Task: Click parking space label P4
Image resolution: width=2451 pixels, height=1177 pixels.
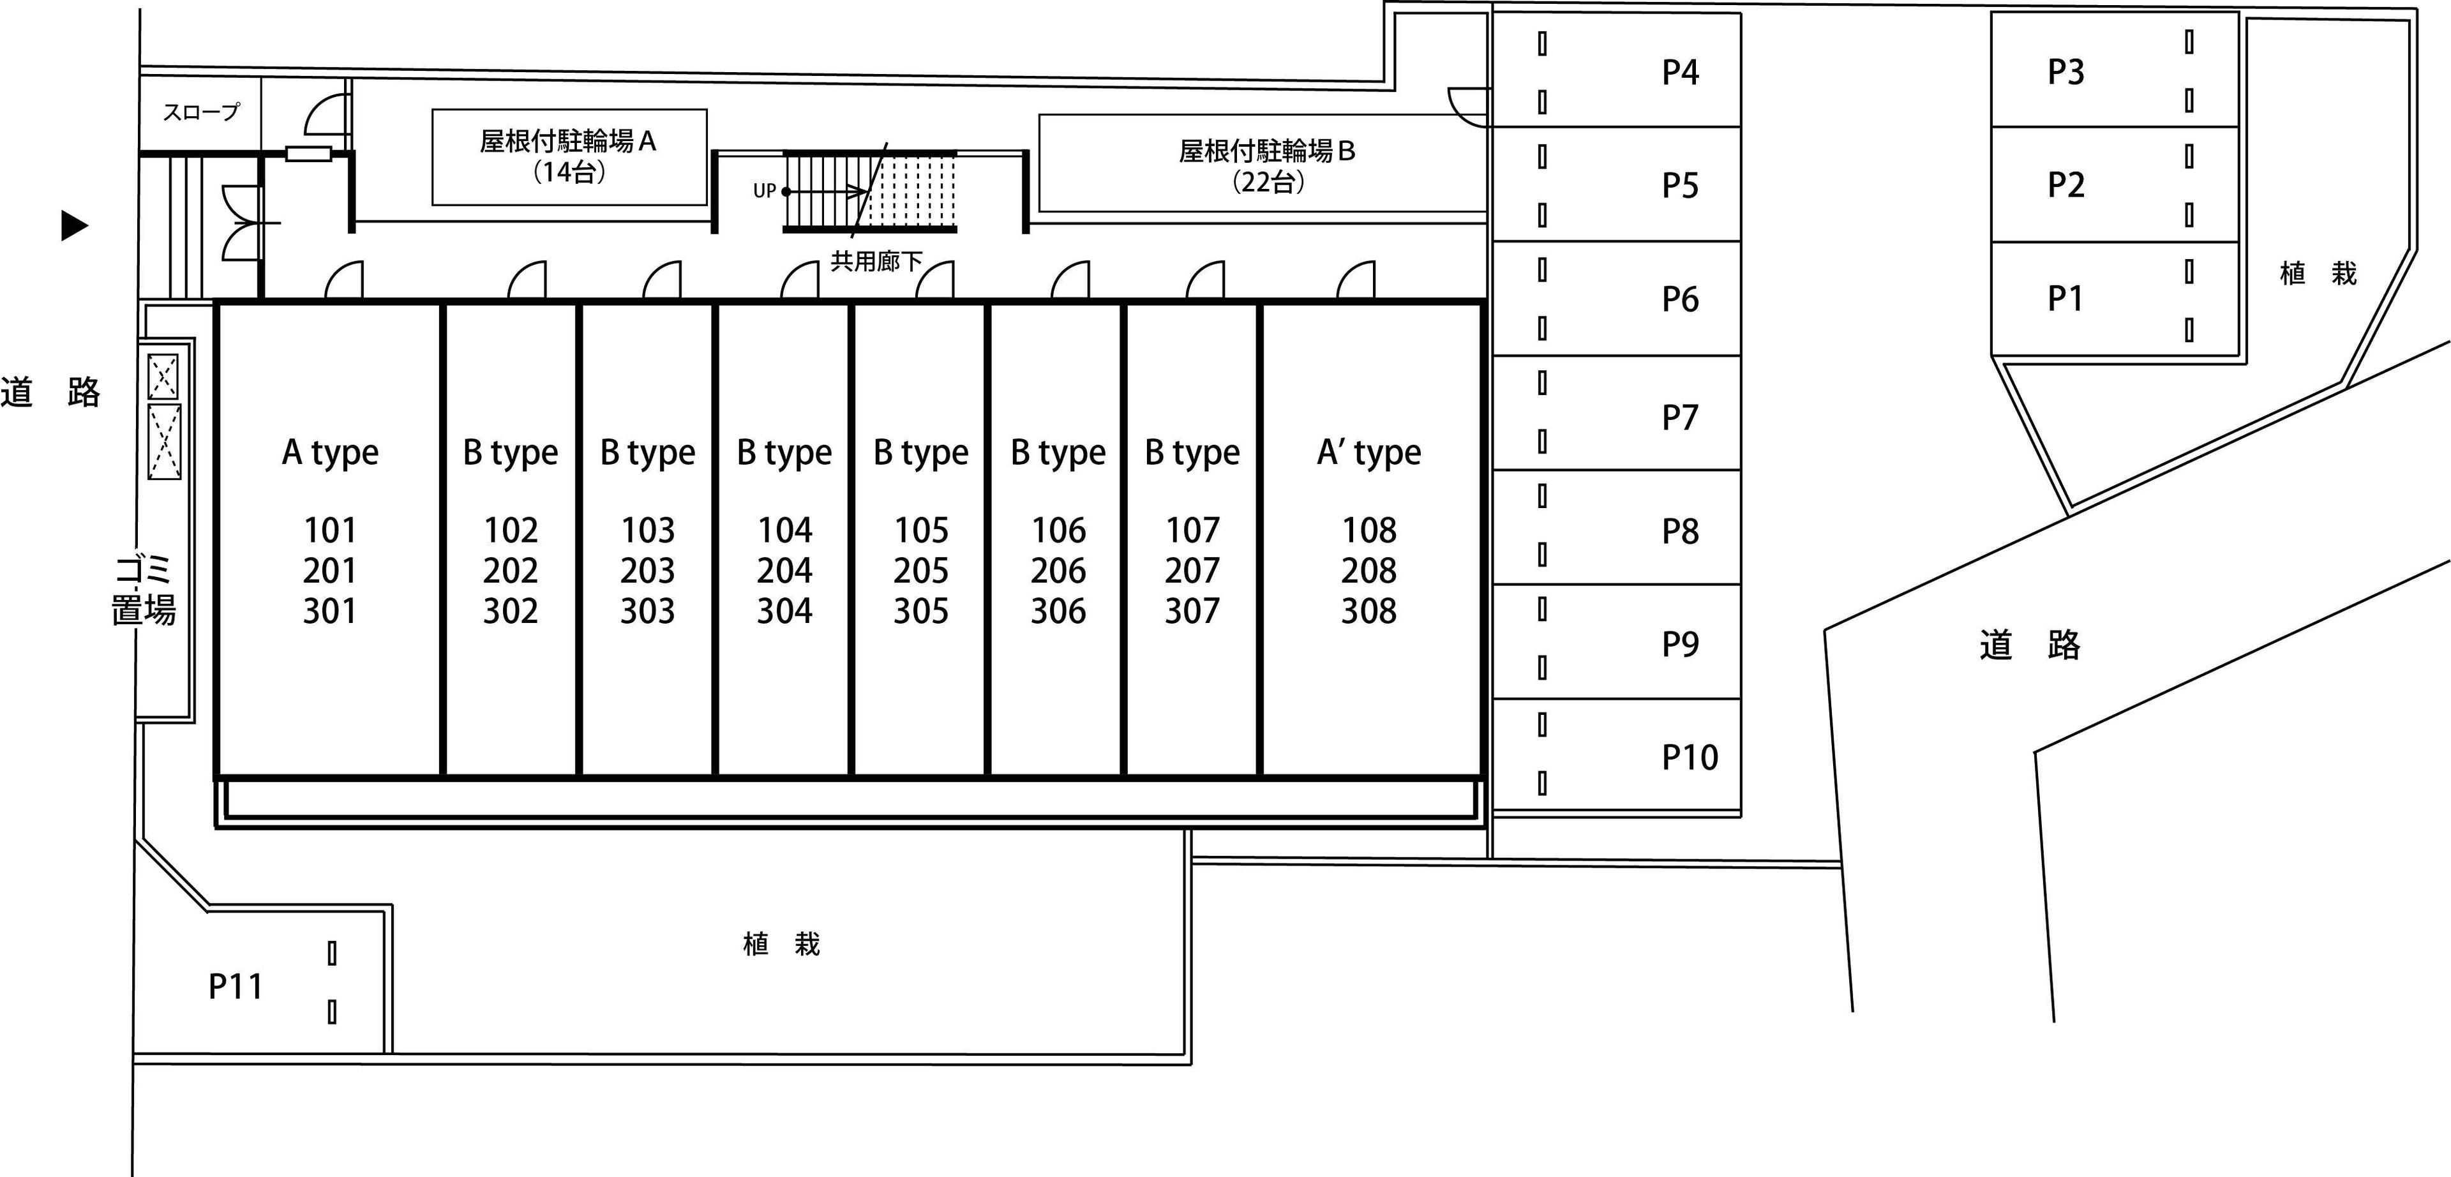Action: (1681, 72)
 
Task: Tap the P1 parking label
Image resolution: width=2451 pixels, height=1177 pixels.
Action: (2065, 299)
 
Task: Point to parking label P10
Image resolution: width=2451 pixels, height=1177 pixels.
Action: (1690, 758)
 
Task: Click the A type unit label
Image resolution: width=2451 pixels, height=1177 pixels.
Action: (330, 453)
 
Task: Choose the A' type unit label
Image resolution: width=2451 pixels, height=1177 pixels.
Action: (1369, 453)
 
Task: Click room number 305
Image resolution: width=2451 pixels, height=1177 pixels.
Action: (921, 611)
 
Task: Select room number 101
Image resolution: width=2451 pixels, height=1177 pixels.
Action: (330, 530)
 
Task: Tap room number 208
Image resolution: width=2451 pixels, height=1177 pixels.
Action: (1369, 571)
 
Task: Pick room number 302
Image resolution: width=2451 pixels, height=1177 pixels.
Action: (511, 611)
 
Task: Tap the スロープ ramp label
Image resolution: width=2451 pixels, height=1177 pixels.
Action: (201, 112)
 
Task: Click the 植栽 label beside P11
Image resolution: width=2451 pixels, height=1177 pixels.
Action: (781, 944)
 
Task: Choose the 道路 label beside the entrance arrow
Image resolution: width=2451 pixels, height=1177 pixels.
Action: (50, 392)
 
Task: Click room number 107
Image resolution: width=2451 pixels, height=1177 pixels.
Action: (1192, 530)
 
